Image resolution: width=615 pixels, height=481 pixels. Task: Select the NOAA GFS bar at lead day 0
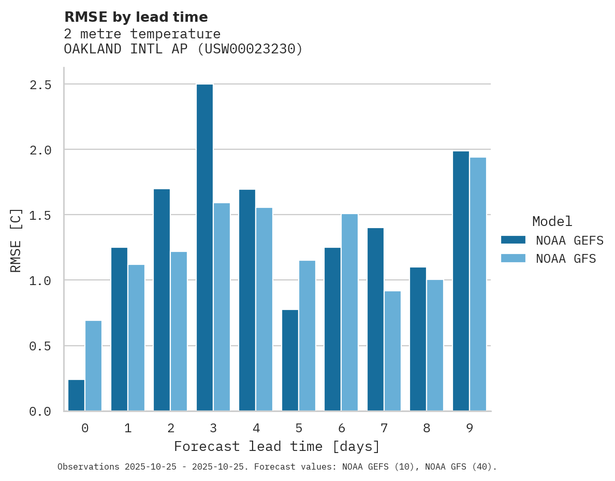[93, 366]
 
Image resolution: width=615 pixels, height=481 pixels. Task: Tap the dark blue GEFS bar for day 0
[77, 395]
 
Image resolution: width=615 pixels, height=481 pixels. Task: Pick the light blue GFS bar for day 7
[392, 351]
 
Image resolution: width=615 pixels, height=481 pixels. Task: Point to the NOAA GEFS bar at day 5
[290, 360]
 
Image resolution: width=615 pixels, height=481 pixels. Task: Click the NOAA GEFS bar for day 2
[162, 300]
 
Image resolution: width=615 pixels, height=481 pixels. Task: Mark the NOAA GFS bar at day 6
[349, 313]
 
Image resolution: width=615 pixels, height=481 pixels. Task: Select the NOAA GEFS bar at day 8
[418, 339]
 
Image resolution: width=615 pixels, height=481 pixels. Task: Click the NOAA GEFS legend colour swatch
[513, 240]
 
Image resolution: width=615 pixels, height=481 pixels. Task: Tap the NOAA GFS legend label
[566, 259]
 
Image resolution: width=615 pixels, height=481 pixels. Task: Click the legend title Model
[552, 221]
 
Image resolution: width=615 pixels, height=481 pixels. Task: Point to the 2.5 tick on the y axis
[40, 84]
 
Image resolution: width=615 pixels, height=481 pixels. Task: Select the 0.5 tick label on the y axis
[40, 346]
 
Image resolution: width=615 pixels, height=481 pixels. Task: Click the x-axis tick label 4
[256, 428]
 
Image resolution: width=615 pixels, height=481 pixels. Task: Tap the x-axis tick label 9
[470, 428]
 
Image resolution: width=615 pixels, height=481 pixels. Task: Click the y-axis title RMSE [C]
[16, 240]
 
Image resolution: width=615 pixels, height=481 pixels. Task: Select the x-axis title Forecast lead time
[277, 446]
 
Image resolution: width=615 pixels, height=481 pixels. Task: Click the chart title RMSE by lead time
[136, 17]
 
